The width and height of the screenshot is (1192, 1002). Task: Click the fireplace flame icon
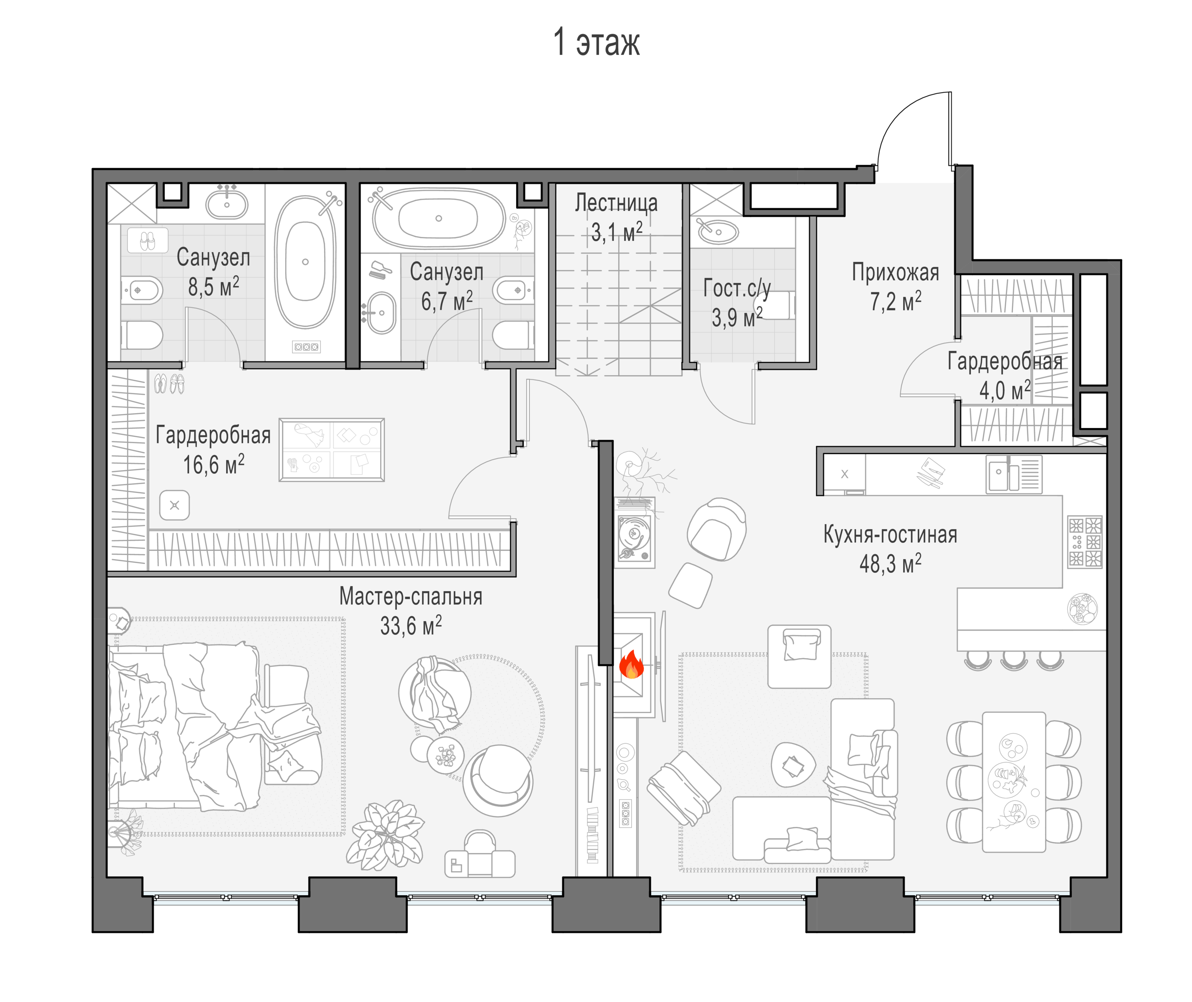point(631,664)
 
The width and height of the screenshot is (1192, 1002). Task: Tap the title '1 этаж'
point(596,42)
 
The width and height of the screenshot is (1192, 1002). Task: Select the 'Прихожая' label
point(895,272)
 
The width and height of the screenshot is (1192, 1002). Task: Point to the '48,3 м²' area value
point(890,564)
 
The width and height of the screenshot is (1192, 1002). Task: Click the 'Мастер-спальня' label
point(411,596)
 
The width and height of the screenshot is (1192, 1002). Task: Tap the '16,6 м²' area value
point(214,464)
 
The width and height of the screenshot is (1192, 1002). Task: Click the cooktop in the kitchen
point(1085,542)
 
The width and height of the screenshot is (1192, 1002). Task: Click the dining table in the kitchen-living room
point(1014,782)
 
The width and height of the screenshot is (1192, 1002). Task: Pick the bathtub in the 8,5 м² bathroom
point(305,262)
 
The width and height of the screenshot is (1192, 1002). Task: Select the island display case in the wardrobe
point(331,450)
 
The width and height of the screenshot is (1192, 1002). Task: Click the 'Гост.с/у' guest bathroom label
point(737,288)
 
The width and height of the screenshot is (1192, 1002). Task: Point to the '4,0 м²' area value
point(1004,390)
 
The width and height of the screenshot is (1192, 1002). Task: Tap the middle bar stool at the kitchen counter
point(1014,659)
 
